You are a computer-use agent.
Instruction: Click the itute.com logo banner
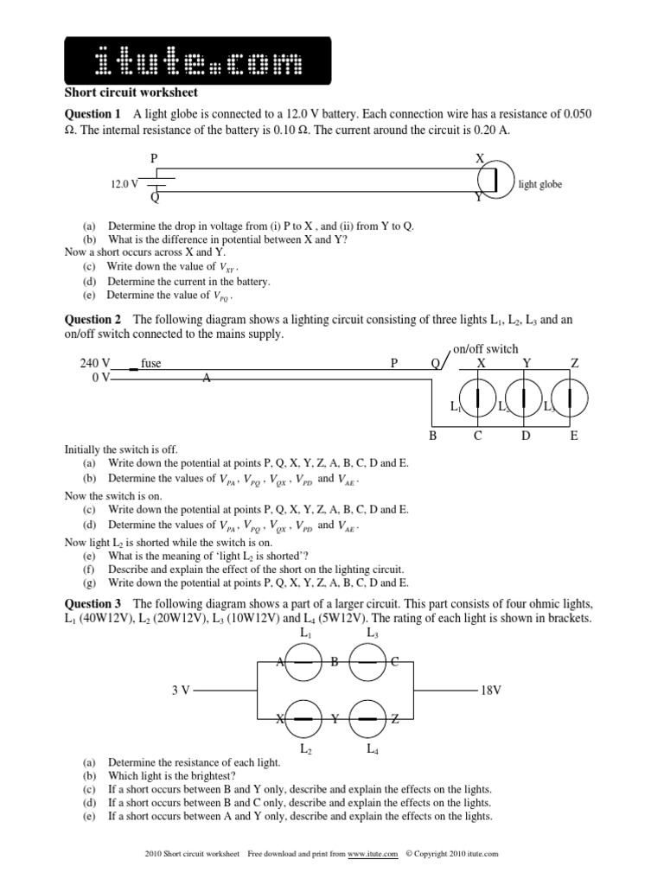tap(198, 60)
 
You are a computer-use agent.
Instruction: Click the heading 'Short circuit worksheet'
tap(131, 92)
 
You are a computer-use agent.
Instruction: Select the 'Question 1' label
tap(93, 114)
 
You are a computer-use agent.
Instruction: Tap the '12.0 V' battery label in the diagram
tap(124, 184)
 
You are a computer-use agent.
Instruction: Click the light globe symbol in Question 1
tap(495, 178)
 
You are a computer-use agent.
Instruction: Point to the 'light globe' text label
tap(541, 184)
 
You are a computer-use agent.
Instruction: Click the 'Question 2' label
tap(93, 320)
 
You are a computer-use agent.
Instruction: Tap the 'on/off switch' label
tap(486, 348)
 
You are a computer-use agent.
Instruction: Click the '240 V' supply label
tap(95, 364)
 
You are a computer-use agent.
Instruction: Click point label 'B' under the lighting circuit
tap(433, 436)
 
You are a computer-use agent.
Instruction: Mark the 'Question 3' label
tap(93, 603)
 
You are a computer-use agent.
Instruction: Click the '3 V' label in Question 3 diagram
tap(181, 691)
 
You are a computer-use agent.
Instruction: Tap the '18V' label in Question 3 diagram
tap(490, 691)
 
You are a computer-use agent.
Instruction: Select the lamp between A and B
tap(304, 662)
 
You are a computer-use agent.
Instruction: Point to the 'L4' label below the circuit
tap(373, 749)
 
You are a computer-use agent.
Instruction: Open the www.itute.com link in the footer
tap(373, 854)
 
